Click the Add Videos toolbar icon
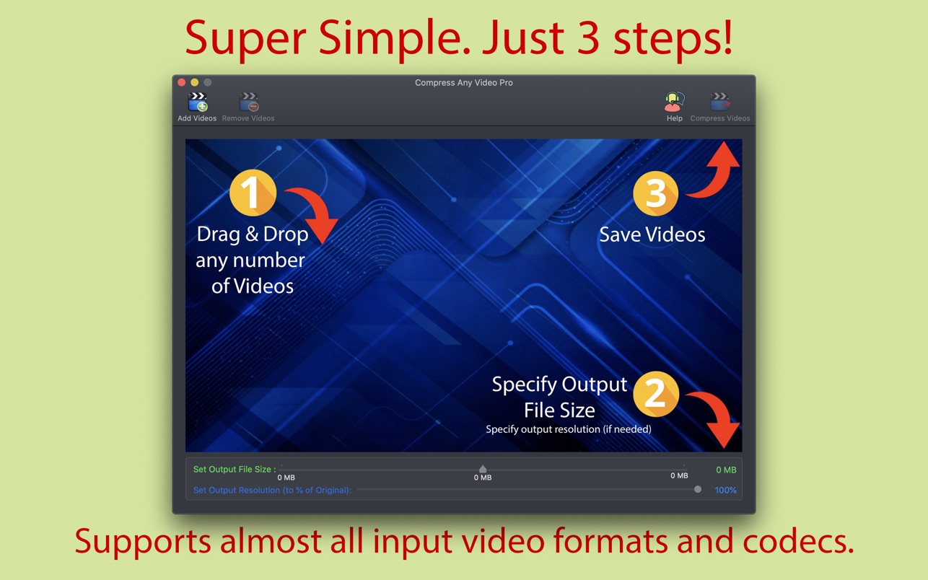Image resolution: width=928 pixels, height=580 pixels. [x=198, y=102]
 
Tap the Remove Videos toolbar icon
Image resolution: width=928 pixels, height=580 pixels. [x=248, y=102]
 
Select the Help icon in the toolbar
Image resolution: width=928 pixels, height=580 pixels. [x=674, y=102]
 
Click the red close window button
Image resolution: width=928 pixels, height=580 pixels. [x=181, y=82]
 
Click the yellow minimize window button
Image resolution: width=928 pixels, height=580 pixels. [x=195, y=82]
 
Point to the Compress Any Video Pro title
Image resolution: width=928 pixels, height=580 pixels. [x=463, y=83]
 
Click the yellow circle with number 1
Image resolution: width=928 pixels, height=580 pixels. [x=253, y=193]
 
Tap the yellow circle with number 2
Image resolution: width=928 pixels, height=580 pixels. [x=656, y=394]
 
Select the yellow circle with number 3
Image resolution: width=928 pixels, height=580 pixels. [x=655, y=193]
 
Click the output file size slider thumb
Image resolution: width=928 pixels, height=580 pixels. [x=483, y=469]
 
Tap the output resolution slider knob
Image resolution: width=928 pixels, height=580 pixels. [x=698, y=489]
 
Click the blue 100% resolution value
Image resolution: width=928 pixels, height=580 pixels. [x=725, y=490]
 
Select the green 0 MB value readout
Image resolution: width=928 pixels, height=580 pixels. [x=726, y=470]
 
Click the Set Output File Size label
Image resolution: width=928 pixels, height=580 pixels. [x=235, y=470]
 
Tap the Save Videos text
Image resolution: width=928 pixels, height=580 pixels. [x=652, y=234]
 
